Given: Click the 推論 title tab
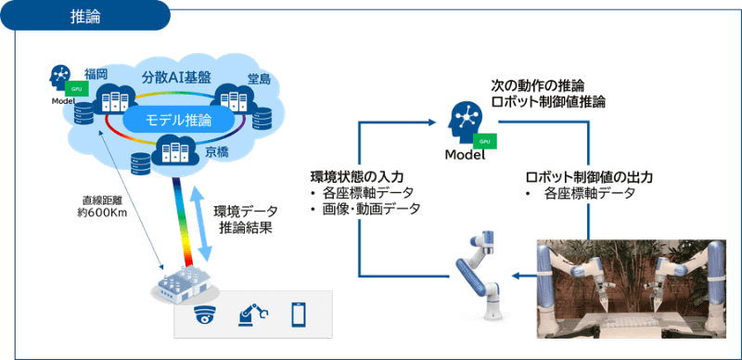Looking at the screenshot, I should click(85, 16).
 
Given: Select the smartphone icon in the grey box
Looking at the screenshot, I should click(299, 315).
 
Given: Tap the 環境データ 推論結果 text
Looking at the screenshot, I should click(243, 219).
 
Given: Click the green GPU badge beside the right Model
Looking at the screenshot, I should click(482, 141).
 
